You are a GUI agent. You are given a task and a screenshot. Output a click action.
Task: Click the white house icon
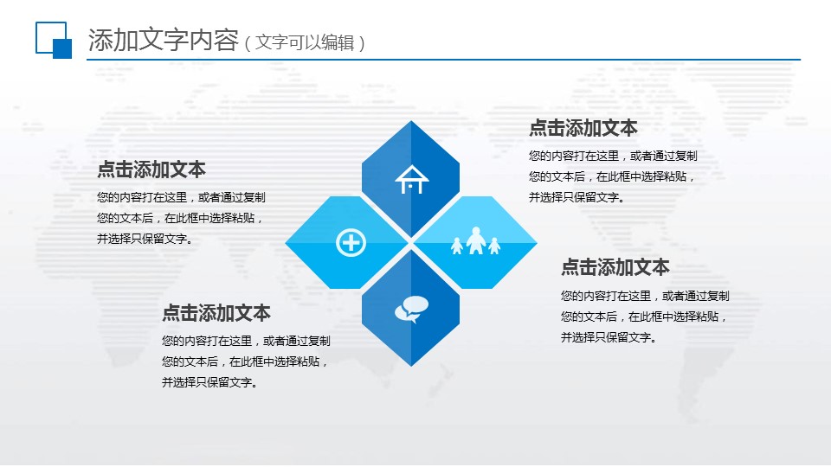(411, 180)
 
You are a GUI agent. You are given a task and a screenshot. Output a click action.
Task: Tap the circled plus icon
(351, 243)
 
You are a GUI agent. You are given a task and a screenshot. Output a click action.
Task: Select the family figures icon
(475, 241)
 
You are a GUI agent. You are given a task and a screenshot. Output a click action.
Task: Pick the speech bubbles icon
(411, 310)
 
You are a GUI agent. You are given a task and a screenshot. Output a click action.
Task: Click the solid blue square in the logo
(62, 48)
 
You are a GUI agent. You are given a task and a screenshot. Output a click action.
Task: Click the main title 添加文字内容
(164, 41)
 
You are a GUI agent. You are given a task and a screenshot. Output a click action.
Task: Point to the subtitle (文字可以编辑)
(305, 42)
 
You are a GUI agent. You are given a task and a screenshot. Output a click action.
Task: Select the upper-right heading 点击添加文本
(583, 128)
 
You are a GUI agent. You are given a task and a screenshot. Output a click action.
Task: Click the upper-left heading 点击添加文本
(151, 170)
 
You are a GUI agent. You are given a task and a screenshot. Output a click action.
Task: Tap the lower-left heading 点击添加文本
(216, 313)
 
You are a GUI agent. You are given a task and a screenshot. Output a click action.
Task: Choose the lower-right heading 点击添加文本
(615, 267)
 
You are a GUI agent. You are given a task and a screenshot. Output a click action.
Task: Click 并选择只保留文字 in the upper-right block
(574, 197)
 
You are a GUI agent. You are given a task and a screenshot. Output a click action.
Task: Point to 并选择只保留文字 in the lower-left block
(207, 382)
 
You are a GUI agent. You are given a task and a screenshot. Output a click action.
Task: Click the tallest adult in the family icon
(475, 241)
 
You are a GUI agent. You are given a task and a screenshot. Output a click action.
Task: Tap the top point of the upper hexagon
(410, 121)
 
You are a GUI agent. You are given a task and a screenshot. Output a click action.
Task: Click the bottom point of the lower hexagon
(410, 366)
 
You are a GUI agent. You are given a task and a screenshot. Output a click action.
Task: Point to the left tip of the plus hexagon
(286, 242)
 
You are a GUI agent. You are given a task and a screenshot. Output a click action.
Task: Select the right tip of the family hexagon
(537, 242)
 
